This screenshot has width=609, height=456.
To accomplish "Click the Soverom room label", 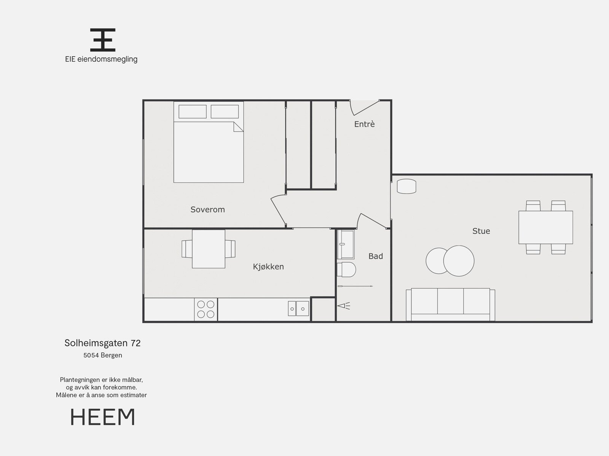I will [x=207, y=209].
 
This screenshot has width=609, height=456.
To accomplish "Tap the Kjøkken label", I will [x=268, y=266].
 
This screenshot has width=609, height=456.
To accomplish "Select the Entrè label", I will [x=364, y=124].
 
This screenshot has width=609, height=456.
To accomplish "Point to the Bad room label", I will [x=375, y=256].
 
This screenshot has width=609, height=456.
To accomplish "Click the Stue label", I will [x=481, y=231].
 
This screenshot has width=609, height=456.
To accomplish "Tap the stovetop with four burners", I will [x=206, y=309].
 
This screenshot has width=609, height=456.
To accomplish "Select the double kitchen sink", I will [x=298, y=309].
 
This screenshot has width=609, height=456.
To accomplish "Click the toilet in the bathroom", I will [x=347, y=269].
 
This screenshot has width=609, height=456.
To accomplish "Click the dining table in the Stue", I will [x=545, y=227].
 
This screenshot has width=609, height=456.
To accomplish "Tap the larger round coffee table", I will [x=459, y=261].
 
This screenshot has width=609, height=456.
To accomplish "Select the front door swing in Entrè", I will [x=363, y=108].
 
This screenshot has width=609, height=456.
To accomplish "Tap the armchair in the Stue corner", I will [x=406, y=187].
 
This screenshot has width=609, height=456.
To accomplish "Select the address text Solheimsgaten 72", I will [x=102, y=343].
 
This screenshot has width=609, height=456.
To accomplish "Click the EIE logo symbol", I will [x=102, y=40].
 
